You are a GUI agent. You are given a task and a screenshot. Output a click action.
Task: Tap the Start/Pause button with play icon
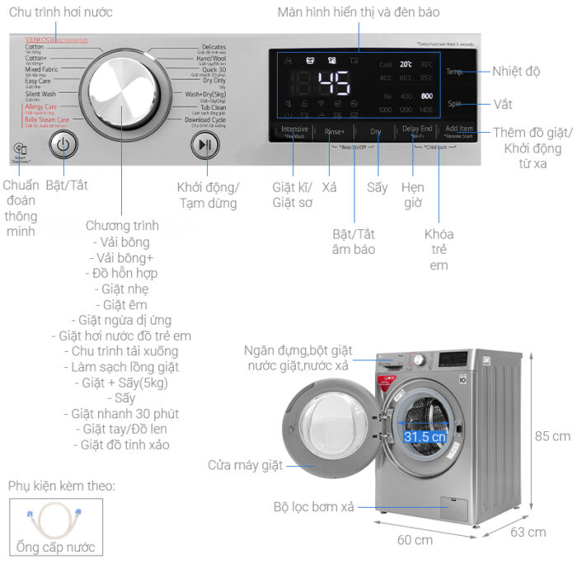click(205, 145)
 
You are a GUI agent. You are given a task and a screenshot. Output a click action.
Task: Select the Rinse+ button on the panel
click(335, 131)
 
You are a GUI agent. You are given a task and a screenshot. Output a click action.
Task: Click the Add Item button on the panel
click(459, 131)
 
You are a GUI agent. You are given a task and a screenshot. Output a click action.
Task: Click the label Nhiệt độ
click(516, 72)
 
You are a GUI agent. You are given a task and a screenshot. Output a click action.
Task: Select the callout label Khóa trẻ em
click(439, 250)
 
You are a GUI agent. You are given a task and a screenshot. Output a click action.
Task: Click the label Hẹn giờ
click(413, 195)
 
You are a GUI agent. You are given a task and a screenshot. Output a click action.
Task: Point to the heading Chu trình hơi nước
click(61, 12)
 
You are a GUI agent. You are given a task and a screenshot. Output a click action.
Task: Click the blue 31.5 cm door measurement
click(425, 436)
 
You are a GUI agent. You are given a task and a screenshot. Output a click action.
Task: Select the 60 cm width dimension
click(415, 540)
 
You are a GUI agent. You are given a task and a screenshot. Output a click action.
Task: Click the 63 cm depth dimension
click(528, 532)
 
